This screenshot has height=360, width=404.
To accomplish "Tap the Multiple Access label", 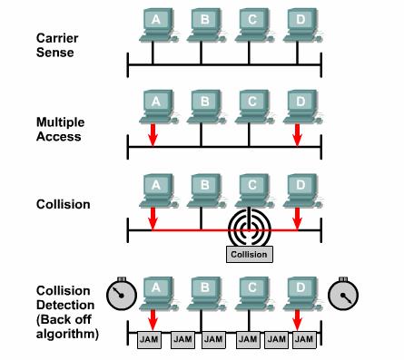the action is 60,129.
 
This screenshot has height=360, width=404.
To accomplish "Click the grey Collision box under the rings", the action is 250,254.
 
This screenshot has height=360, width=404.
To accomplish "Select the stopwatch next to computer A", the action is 122,294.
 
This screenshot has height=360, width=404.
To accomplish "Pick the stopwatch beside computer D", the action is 343,294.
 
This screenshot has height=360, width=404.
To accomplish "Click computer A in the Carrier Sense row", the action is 158,25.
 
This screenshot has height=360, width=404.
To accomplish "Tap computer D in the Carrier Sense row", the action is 302,25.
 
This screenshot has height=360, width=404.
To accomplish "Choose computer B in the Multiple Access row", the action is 206,107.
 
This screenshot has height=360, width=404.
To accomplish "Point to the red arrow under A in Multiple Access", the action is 153,135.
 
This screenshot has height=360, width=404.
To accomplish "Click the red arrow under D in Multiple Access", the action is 298,135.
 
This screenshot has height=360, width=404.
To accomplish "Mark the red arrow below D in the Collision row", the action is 298,219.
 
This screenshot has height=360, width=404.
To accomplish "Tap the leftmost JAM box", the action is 149,339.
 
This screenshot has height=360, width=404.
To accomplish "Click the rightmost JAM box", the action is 304,339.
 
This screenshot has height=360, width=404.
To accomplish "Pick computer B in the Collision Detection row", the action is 206,294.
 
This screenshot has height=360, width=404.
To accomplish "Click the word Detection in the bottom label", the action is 65,305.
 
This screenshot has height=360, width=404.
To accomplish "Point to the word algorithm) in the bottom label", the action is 67,334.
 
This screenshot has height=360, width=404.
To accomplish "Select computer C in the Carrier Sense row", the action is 254,25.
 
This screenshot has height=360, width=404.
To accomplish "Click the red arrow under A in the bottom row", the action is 153,320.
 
